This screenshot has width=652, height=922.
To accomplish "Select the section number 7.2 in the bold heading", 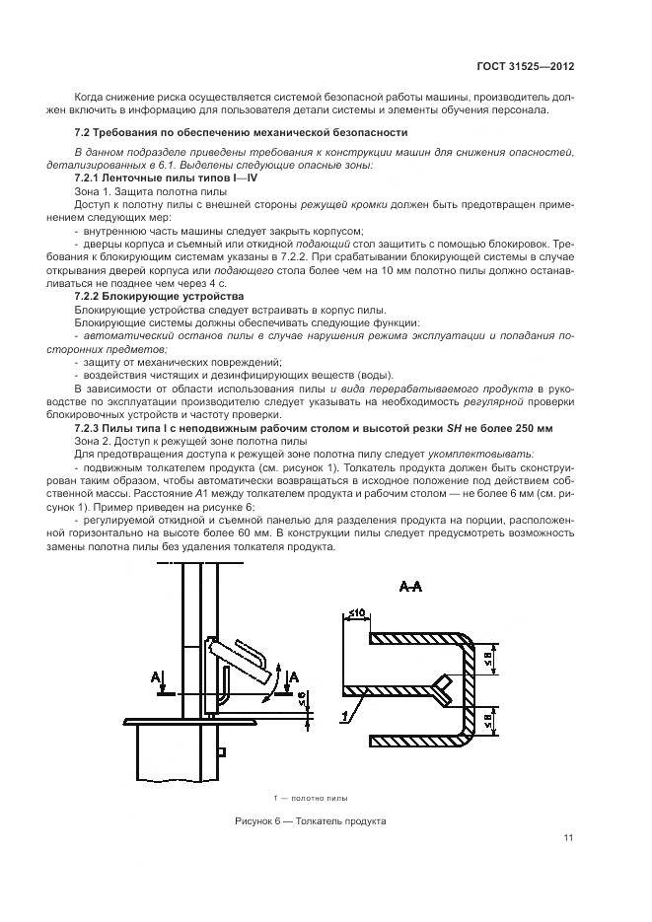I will (82, 131).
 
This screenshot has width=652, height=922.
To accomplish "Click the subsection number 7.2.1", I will (90, 177).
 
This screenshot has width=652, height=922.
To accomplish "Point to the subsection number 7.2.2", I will (90, 296).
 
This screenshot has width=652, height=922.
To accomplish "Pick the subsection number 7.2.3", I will (90, 427).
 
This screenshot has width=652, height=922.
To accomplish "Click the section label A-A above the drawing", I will (412, 588).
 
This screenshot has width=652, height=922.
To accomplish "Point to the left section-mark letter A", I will (155, 677).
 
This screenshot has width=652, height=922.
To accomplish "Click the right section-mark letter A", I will (293, 675).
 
